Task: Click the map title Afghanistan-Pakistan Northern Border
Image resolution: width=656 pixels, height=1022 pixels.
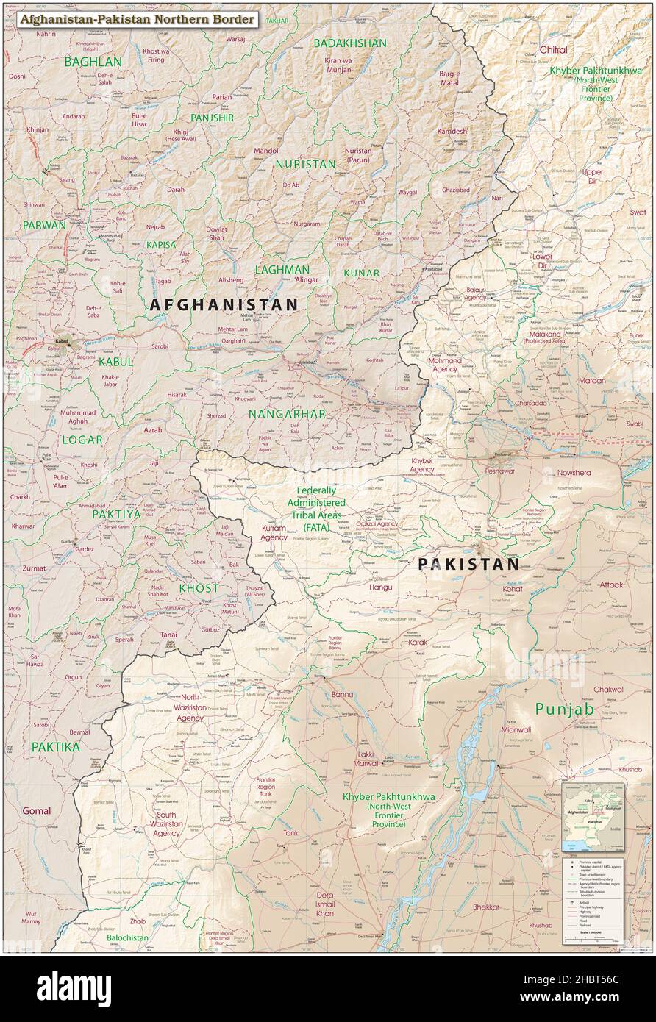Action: point(138,18)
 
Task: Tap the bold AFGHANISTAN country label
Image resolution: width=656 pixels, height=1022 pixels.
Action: point(224,304)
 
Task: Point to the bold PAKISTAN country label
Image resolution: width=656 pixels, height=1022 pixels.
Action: point(468,564)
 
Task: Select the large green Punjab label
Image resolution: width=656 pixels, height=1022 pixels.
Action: point(563,709)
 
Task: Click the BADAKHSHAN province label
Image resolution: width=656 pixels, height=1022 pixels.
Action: point(349,43)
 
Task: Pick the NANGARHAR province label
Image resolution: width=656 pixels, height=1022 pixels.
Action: point(287,414)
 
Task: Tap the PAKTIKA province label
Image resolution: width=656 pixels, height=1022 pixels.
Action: point(56,746)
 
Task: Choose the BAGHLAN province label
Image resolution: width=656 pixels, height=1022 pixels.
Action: point(93,62)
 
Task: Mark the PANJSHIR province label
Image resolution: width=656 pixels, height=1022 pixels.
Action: point(212,118)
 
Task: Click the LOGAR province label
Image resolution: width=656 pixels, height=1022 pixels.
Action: point(82,440)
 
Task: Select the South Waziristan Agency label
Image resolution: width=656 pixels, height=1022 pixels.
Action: point(167,823)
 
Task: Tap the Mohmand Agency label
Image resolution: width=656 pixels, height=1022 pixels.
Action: point(446,365)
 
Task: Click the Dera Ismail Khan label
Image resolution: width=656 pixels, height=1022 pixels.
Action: point(324,904)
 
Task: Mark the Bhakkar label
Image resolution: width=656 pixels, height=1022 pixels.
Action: point(486,907)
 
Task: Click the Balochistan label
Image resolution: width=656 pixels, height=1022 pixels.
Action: point(127,937)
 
